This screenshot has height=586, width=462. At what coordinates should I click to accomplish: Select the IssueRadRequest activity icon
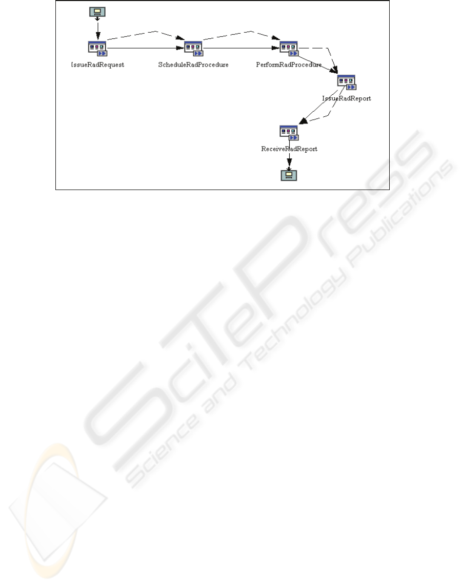pos(97,48)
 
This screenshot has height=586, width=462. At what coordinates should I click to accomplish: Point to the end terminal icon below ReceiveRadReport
pos(289,176)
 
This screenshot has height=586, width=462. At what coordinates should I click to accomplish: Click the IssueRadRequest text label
pos(97,66)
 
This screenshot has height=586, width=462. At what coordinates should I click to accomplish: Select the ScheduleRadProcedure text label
pos(193,66)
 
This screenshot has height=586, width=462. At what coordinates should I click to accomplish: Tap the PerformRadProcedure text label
pos(289,66)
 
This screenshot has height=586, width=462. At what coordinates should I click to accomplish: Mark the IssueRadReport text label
pos(347,98)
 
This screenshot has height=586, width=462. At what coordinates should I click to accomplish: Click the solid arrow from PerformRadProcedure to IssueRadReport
pos(318,63)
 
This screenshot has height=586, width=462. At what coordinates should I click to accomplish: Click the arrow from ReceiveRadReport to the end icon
pos(289,161)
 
